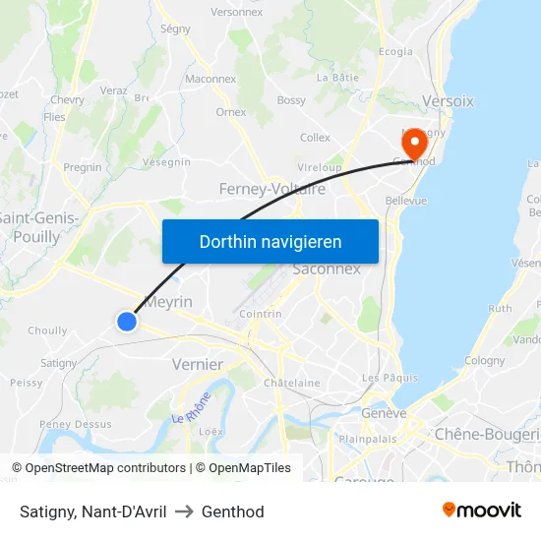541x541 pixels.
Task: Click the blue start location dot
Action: [126, 321]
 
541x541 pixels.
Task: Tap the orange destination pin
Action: [414, 144]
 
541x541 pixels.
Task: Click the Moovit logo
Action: [481, 511]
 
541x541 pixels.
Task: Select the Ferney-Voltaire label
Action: [272, 189]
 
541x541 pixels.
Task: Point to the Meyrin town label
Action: [168, 302]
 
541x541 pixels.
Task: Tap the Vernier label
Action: [197, 364]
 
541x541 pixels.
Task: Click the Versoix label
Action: [448, 101]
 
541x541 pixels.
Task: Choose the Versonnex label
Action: [236, 12]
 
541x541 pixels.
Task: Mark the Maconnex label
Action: [210, 79]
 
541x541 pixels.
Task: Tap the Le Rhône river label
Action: [192, 406]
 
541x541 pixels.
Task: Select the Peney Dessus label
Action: [75, 424]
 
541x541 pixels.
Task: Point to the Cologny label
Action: [484, 361]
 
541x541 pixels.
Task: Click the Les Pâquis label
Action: [390, 378]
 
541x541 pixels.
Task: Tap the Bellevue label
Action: [406, 201]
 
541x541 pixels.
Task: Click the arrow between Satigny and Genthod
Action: [184, 511]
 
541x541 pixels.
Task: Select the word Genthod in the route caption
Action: [233, 511]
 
